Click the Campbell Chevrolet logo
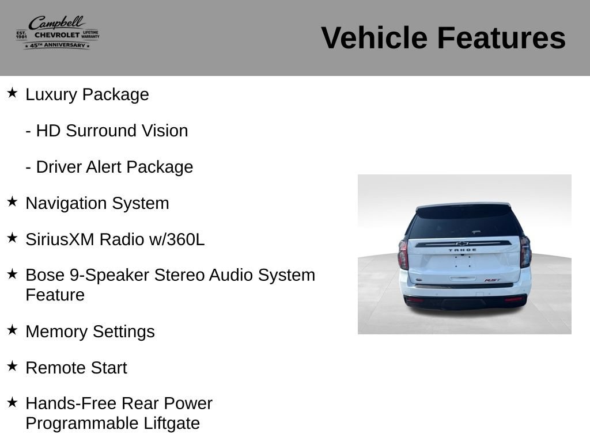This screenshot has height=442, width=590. click(x=58, y=33)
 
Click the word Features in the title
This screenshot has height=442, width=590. click(x=501, y=38)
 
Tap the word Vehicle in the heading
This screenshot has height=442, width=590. click(x=375, y=38)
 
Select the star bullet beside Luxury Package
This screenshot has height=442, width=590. click(x=12, y=93)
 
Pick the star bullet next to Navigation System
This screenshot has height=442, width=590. click(x=12, y=201)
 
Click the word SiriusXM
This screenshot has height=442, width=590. click(x=60, y=239)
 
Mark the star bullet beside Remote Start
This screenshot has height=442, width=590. click(x=12, y=365)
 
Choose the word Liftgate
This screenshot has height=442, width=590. click(x=172, y=423)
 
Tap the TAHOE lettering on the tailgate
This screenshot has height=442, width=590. click(x=463, y=250)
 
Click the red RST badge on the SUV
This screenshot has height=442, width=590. click(x=492, y=280)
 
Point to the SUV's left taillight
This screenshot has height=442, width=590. click(x=403, y=254)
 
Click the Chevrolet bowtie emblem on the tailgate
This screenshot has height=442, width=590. click(x=462, y=243)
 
